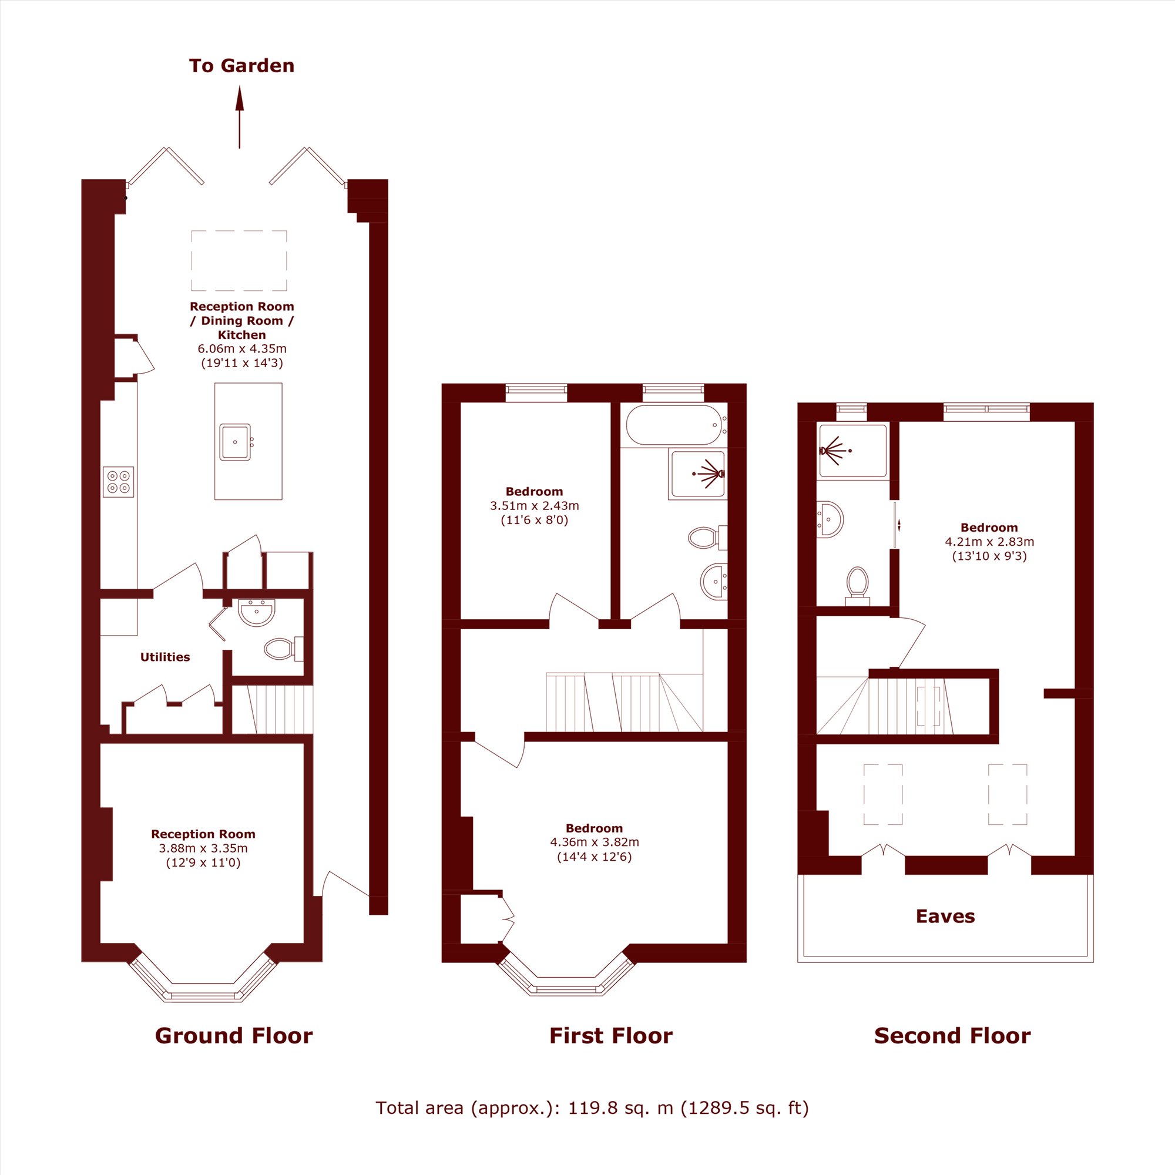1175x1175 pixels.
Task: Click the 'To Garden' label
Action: click(x=241, y=66)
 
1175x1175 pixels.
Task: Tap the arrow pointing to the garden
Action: click(x=240, y=117)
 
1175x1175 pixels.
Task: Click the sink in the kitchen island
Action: click(x=236, y=442)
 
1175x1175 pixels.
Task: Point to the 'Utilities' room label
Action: click(x=165, y=657)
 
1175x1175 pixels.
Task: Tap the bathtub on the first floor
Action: click(x=675, y=425)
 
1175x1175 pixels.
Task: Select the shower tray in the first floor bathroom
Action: click(x=697, y=474)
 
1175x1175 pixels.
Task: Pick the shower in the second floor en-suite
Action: click(x=852, y=451)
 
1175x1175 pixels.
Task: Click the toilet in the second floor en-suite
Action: click(x=858, y=586)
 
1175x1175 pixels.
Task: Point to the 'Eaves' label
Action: click(x=945, y=916)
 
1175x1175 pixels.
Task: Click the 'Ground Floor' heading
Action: click(x=234, y=1036)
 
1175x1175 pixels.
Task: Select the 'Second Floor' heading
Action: click(x=952, y=1036)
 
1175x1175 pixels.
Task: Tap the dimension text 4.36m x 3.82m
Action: click(x=594, y=842)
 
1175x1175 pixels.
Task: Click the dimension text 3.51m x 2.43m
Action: click(x=534, y=505)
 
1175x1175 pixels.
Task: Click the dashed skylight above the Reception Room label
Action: click(x=239, y=260)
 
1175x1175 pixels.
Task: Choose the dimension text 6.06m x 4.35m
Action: click(x=242, y=348)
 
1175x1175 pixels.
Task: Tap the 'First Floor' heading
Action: click(x=610, y=1036)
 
